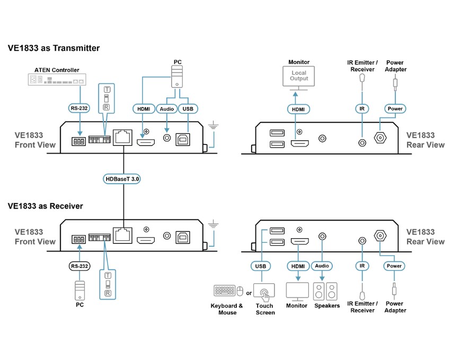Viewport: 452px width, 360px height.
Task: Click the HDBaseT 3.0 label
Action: pos(122,179)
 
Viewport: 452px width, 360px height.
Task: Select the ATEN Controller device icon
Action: pos(57,79)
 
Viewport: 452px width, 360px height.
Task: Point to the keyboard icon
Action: pos(224,291)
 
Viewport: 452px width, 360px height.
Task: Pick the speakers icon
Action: pos(325,291)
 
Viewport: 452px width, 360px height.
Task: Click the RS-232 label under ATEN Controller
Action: pos(79,109)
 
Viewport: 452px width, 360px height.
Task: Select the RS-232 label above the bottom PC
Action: pos(79,266)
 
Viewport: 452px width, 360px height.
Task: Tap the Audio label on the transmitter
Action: pos(166,109)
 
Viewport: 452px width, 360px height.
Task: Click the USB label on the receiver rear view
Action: pos(261,266)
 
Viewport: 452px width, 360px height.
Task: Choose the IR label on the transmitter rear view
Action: pos(362,109)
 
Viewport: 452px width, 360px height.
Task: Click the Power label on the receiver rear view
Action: pos(394,266)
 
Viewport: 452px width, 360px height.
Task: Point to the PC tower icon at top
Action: pos(176,76)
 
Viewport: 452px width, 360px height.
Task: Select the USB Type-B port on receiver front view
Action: pos(183,238)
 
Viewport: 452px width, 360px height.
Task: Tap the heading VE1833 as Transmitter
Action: pos(54,48)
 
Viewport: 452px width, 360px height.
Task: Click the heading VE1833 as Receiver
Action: pos(45,206)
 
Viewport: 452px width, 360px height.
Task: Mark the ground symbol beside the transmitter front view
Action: pos(213,126)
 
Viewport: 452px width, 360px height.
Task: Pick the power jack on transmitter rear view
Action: pos(380,138)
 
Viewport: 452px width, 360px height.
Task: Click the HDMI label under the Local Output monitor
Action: pos(298,109)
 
